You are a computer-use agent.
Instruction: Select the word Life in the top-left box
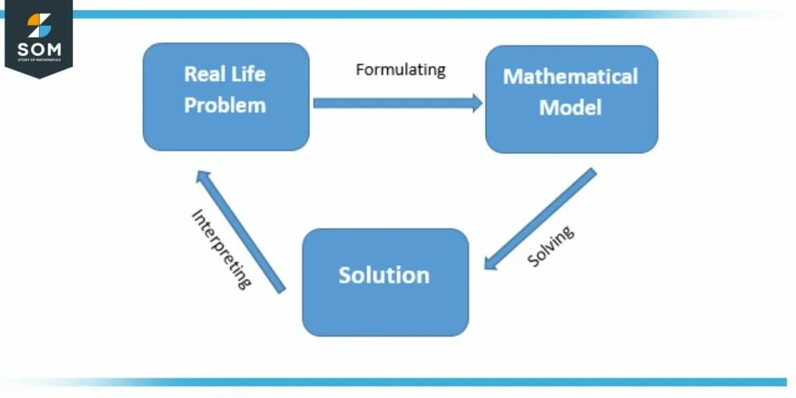pos(247,75)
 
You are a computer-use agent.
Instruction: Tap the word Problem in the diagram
pos(225,106)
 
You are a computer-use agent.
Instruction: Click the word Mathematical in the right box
pos(571,77)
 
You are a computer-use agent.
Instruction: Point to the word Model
pos(571,107)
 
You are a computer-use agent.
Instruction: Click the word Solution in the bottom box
pos(384,275)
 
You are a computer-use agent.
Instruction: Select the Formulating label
pos(400,70)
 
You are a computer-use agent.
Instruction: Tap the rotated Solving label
pos(550,246)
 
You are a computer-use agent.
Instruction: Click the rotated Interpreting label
pos(222,249)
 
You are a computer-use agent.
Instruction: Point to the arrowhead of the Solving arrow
pos(491,262)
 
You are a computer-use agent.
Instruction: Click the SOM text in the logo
pos(38,51)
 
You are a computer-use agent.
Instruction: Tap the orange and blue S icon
pos(38,26)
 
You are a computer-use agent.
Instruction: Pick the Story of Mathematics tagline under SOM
pos(38,61)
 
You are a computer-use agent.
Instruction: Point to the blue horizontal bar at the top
pos(389,14)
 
